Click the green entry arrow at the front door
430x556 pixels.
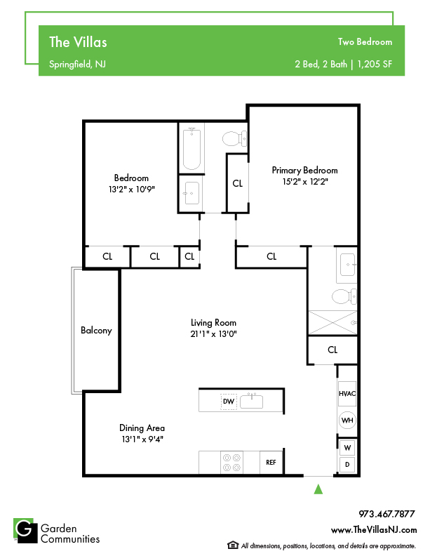pyautogui.click(x=318, y=489)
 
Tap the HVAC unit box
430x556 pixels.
pyautogui.click(x=347, y=393)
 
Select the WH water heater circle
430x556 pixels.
pyautogui.click(x=347, y=421)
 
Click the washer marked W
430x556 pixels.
pyautogui.click(x=347, y=447)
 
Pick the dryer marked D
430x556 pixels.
pyautogui.click(x=347, y=465)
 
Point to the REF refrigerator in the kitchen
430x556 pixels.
pyautogui.click(x=271, y=463)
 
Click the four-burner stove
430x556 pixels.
pyautogui.click(x=231, y=463)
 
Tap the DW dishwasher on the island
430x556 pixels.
pyautogui.click(x=229, y=402)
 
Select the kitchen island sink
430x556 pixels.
pyautogui.click(x=252, y=401)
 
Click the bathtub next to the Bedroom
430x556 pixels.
pyautogui.click(x=192, y=149)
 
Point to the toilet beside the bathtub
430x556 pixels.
pyautogui.click(x=234, y=138)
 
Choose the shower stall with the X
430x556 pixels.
pyautogui.click(x=332, y=322)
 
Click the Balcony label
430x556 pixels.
pyautogui.click(x=96, y=331)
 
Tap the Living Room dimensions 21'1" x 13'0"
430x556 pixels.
pyautogui.click(x=213, y=333)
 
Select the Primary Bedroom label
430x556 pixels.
pyautogui.click(x=304, y=171)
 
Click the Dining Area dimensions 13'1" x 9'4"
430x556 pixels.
pyautogui.click(x=142, y=439)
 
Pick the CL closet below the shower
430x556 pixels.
pyautogui.click(x=332, y=350)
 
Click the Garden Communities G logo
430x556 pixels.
pyautogui.click(x=25, y=531)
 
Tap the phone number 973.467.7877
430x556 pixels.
pyautogui.click(x=387, y=514)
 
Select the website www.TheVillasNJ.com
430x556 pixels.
pyautogui.click(x=374, y=530)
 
